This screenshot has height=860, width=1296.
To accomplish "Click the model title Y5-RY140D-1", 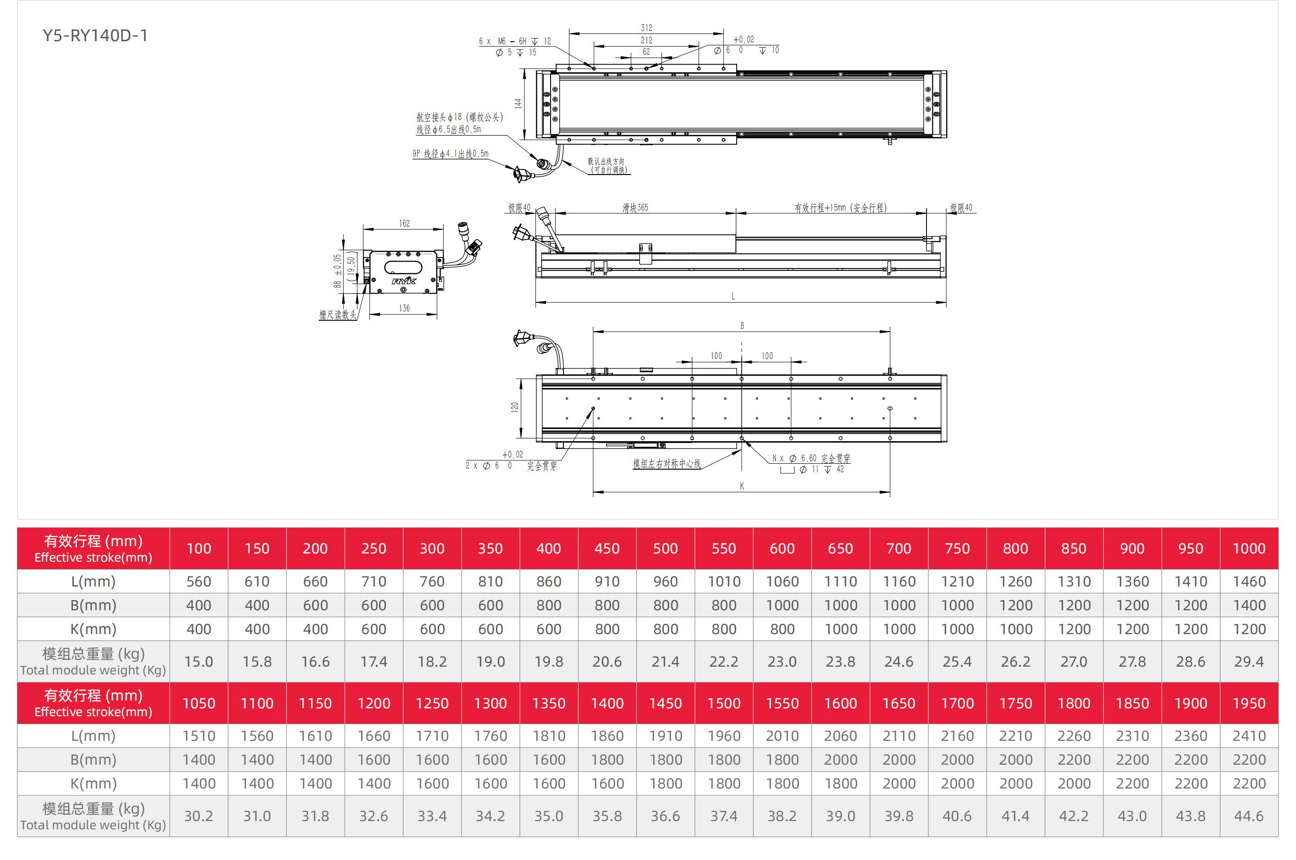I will [95, 36].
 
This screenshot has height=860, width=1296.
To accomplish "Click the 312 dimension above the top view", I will [646, 27].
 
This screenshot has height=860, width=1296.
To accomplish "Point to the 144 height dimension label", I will [518, 103].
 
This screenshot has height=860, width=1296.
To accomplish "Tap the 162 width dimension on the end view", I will [404, 223].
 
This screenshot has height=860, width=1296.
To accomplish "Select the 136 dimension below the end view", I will [404, 308].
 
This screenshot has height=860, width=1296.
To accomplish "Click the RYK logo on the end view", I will [404, 281].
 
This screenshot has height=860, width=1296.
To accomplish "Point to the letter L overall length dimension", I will [733, 296].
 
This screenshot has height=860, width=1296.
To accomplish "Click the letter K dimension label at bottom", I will [742, 486].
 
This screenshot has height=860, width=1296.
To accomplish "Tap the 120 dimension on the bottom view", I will [514, 407].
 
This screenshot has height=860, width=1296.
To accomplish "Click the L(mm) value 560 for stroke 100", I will [199, 581].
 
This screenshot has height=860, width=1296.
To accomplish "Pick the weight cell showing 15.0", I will [199, 662].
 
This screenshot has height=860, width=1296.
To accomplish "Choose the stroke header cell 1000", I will [1249, 548].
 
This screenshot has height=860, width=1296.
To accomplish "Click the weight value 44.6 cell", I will [1249, 816].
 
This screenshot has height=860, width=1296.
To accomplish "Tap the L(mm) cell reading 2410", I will [1249, 736].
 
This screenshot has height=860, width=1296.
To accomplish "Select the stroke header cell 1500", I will [724, 703].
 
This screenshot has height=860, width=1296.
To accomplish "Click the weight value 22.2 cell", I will [724, 662].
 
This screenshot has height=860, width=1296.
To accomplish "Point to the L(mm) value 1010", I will [724, 581].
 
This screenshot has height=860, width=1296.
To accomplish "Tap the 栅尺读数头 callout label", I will [337, 314].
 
